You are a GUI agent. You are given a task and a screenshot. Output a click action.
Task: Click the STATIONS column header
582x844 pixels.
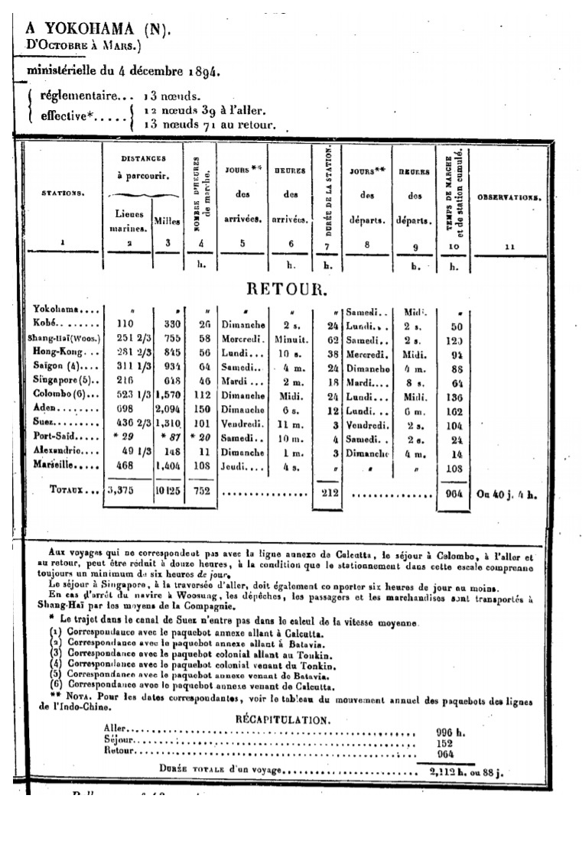(x=63, y=193)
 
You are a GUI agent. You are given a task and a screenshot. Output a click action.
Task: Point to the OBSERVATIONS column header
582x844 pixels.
(x=510, y=197)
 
